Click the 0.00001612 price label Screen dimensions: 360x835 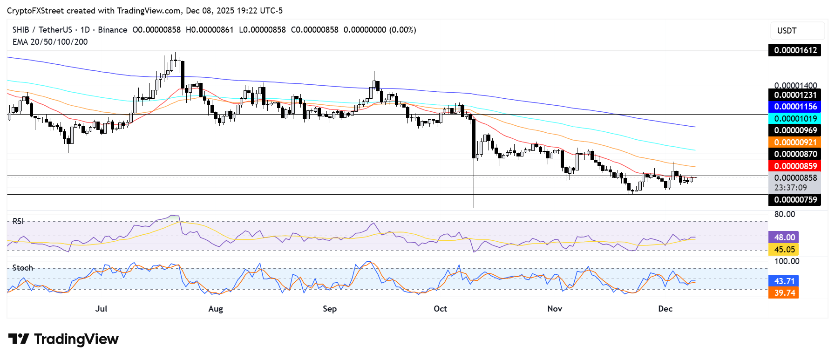click(795, 50)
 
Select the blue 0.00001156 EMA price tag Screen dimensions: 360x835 click(795, 107)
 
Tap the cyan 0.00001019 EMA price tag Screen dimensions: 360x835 click(795, 119)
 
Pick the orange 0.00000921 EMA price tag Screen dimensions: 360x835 click(795, 143)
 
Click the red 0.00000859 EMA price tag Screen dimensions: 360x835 click(795, 166)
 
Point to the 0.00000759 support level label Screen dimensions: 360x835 click(795, 200)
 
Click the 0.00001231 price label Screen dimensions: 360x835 click(795, 95)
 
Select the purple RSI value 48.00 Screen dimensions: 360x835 click(784, 238)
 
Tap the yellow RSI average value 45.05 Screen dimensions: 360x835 click(784, 250)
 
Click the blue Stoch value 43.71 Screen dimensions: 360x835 click(784, 281)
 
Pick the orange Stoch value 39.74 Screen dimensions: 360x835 click(784, 293)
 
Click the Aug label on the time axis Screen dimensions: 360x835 click(216, 309)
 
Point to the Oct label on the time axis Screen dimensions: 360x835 click(440, 309)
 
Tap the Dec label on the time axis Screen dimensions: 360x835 click(665, 309)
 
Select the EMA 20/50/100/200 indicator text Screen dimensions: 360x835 click(50, 42)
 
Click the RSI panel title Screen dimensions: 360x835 click(18, 221)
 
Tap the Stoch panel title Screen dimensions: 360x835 click(23, 268)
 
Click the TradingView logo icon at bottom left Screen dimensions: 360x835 click(19, 339)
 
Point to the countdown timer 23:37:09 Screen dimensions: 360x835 click(790, 188)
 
